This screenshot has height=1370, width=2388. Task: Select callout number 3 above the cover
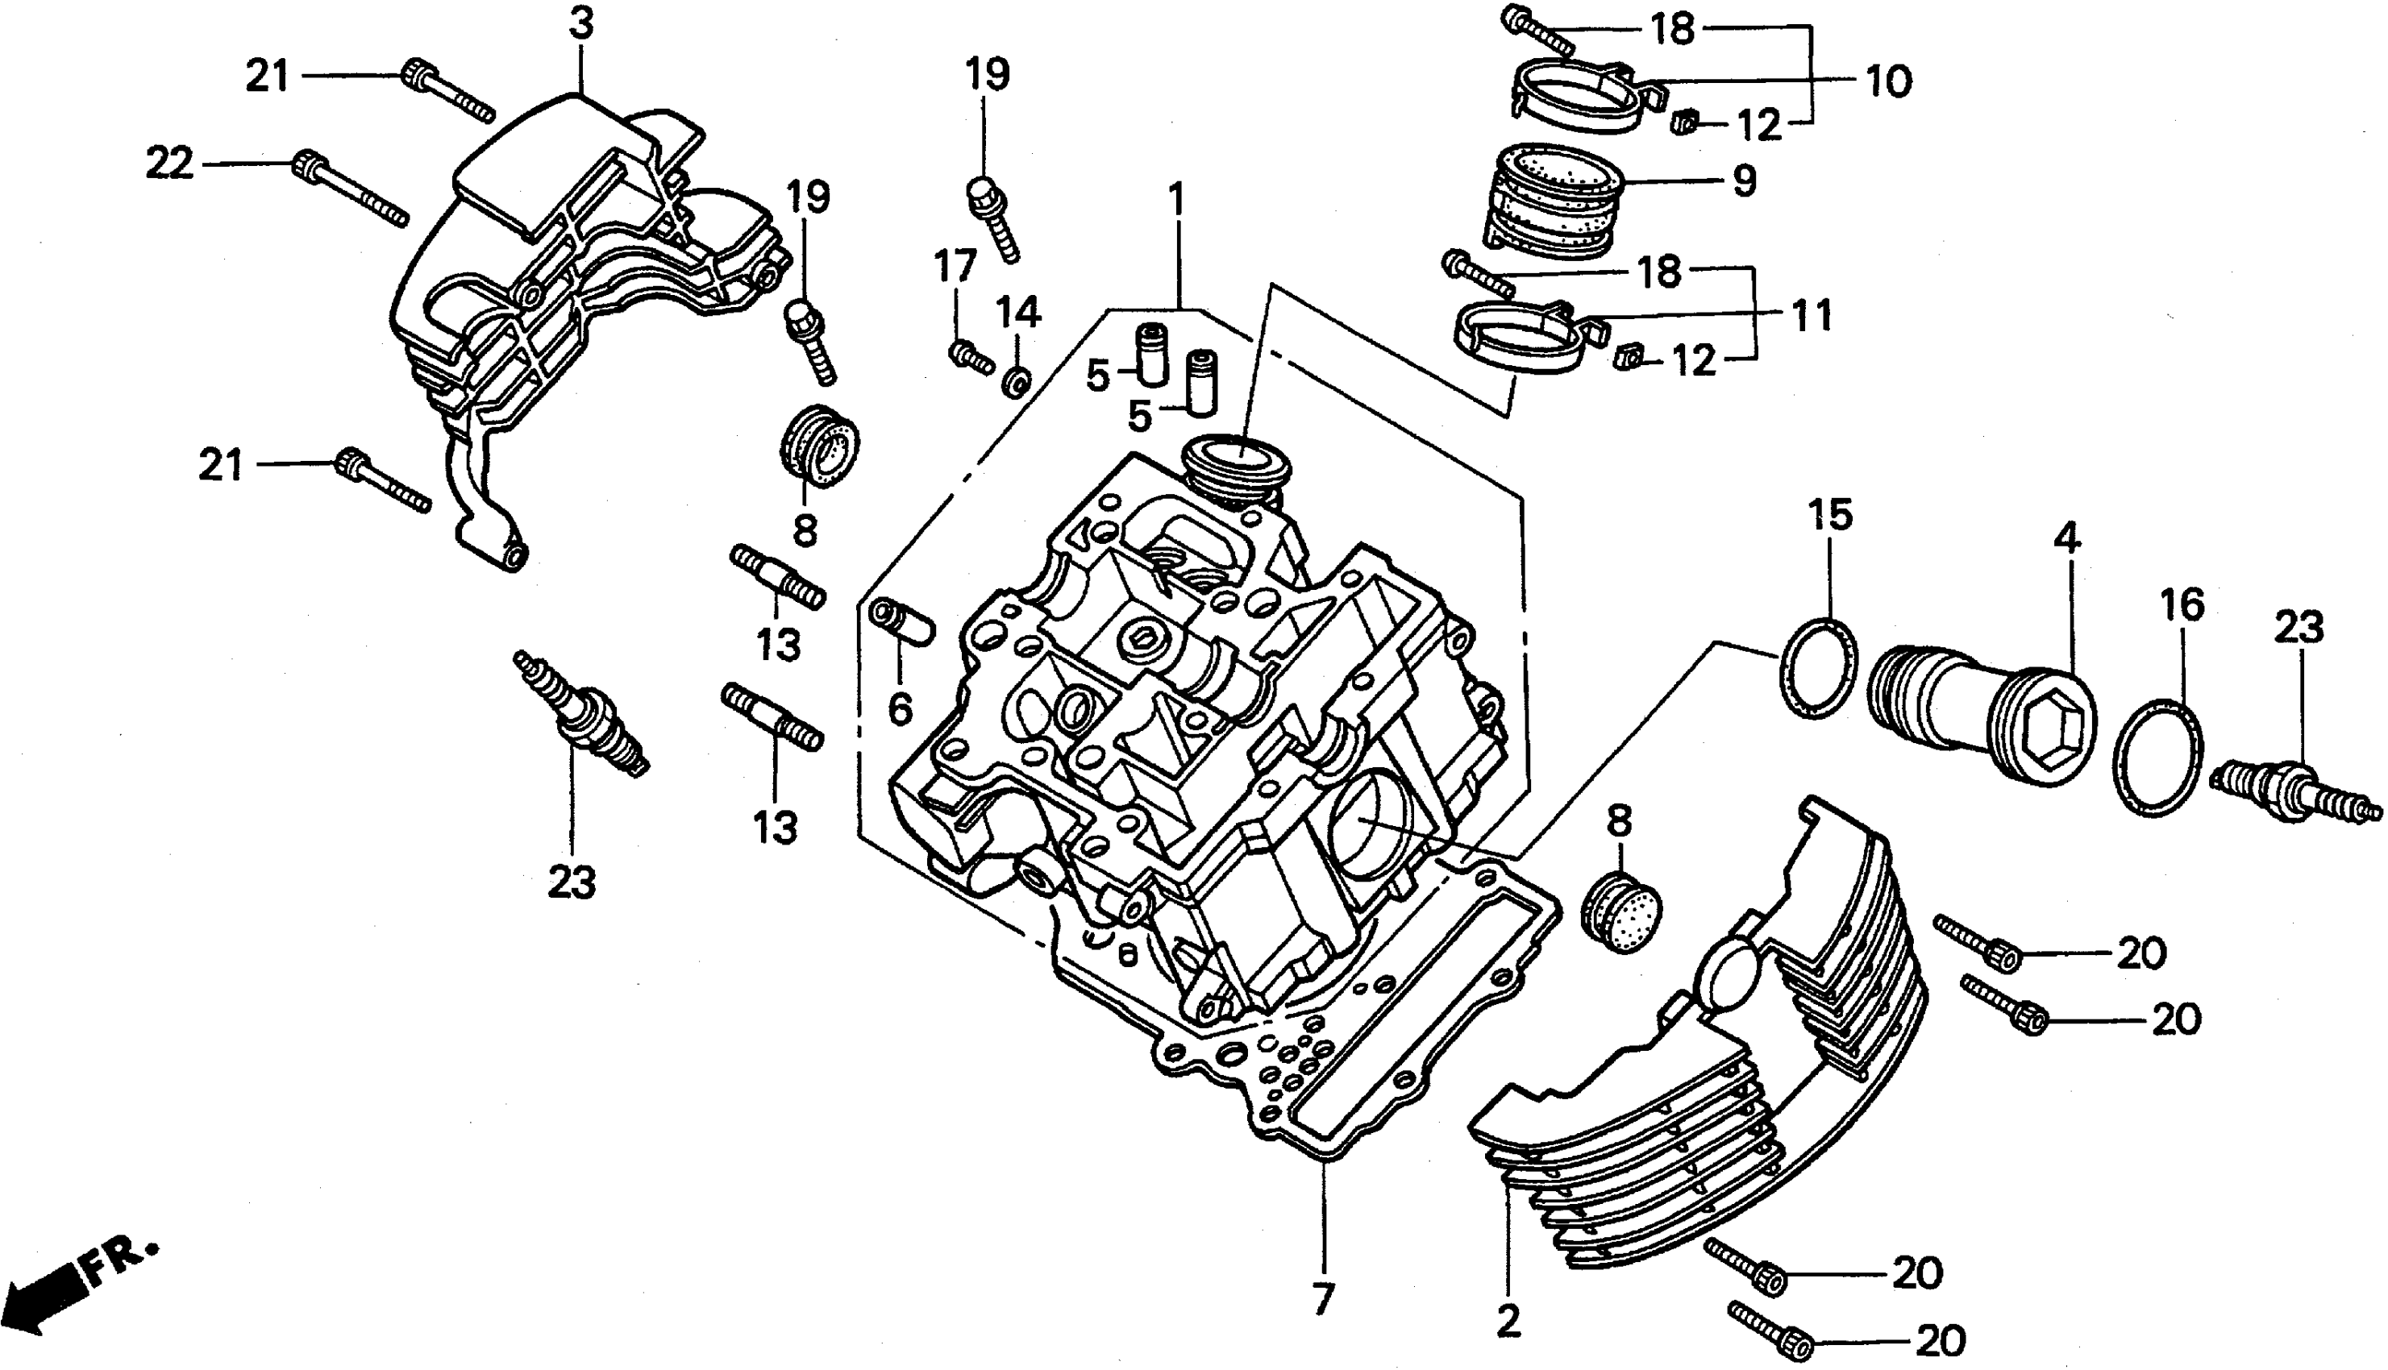582,24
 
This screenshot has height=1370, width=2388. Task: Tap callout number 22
169,164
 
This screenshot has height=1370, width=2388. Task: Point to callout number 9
1743,180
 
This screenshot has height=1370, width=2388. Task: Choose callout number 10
1887,82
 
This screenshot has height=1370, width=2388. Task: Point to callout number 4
2066,539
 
